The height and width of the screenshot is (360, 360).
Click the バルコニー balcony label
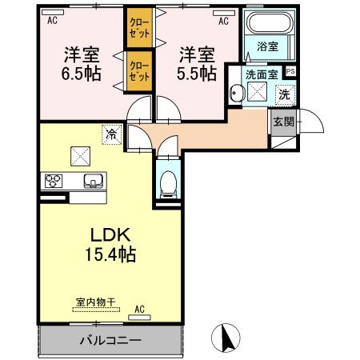110,340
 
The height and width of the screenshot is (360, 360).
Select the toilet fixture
169,186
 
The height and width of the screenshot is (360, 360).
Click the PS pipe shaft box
290,71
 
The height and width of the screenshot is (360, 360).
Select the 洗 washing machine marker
283,94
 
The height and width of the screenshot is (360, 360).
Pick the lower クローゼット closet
138,69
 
